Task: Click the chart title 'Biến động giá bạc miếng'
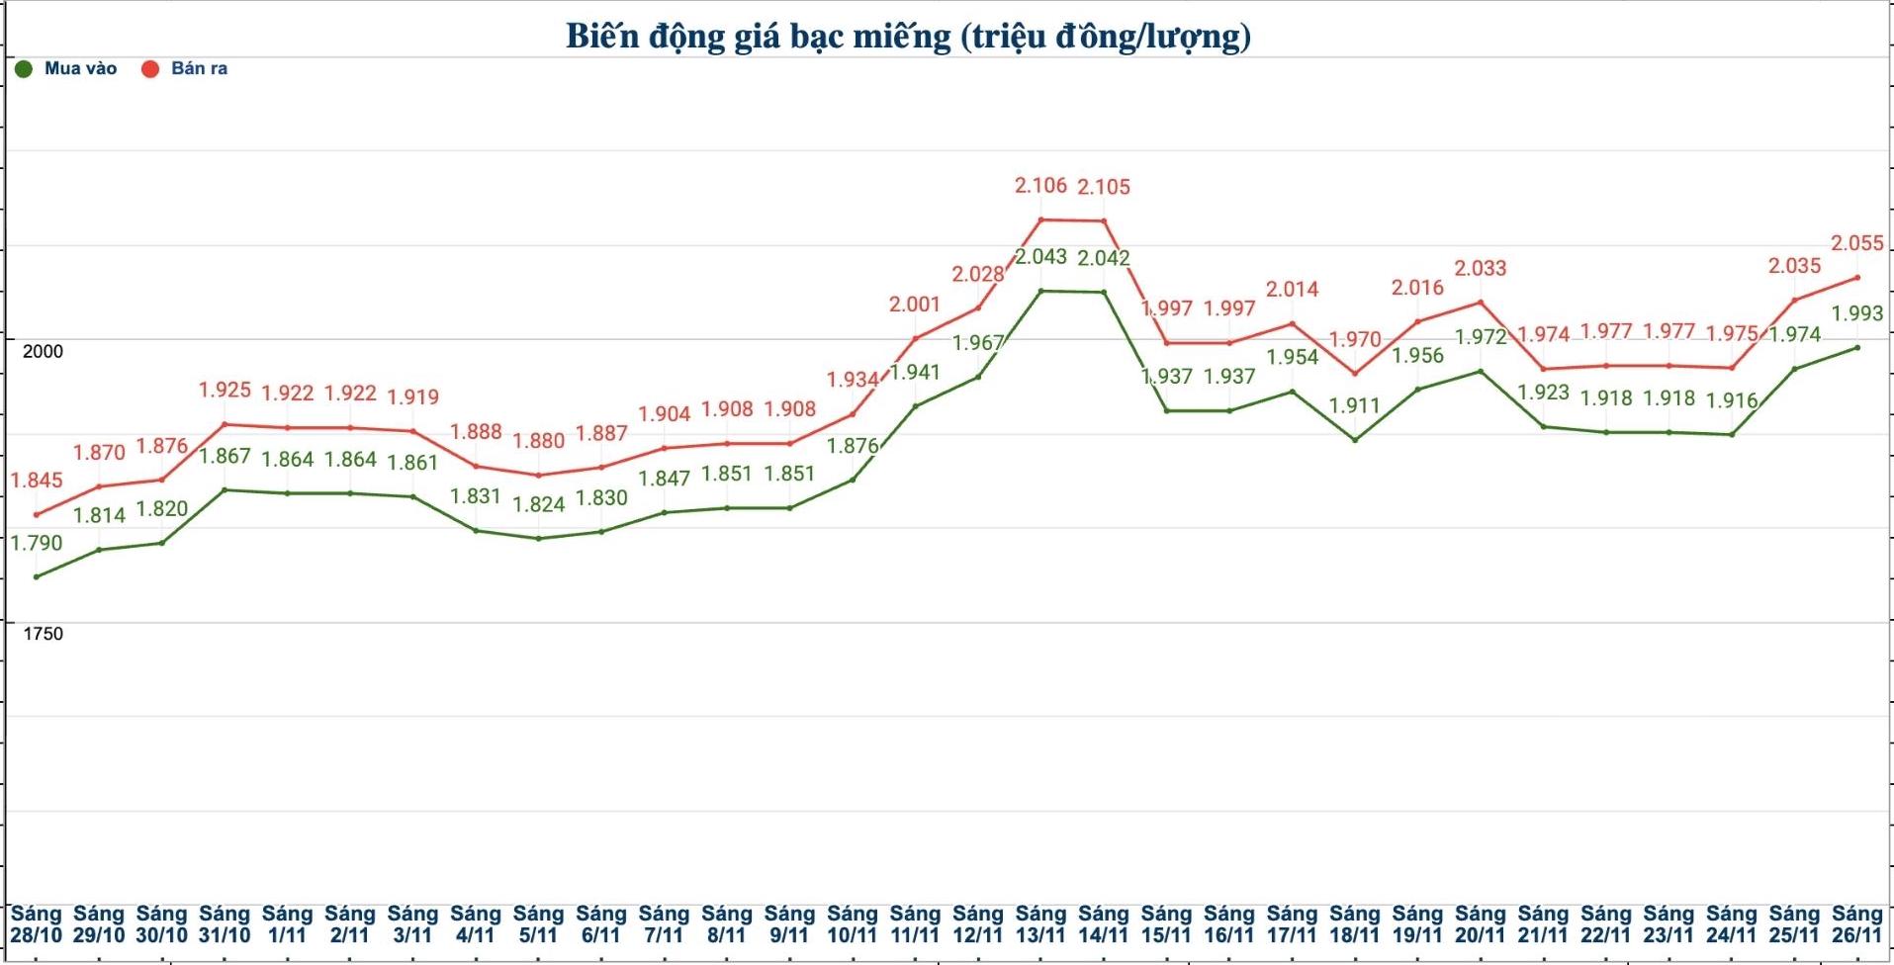908,37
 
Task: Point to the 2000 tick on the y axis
43,351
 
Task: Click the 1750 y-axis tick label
43,634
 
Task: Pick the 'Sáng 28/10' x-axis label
36,924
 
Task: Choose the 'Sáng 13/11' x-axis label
1040,924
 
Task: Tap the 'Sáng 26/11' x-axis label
1856,924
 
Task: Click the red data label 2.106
1040,185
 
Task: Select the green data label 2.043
1040,256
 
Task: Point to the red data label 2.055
1856,242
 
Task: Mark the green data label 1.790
37,542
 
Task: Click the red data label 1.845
37,480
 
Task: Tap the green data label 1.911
1354,405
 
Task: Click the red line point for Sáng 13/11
1040,219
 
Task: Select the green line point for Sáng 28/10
37,576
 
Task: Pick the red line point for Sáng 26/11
1856,278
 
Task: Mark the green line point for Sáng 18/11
1355,439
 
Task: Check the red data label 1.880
538,440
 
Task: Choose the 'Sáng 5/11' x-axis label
538,924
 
